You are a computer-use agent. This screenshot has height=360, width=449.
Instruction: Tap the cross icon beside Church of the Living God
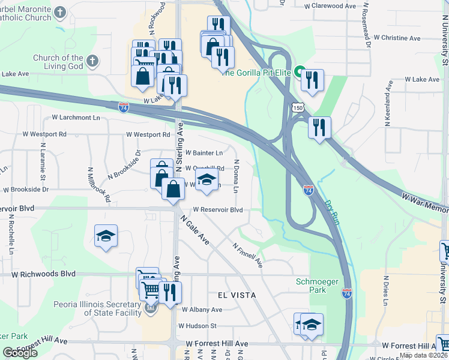92,60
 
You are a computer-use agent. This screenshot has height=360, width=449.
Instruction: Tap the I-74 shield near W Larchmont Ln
124,107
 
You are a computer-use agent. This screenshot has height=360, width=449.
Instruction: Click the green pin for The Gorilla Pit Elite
299,71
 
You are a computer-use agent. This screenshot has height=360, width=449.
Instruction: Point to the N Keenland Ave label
388,106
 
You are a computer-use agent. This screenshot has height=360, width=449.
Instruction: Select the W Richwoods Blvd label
44,274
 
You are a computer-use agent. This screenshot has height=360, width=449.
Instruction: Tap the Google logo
20,352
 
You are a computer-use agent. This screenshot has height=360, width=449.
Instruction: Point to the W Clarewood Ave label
330,6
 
